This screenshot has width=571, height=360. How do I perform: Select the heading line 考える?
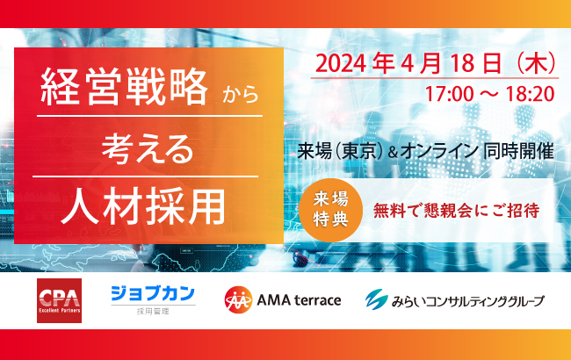tap(147, 147)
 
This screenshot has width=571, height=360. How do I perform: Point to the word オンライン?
tap(442, 150)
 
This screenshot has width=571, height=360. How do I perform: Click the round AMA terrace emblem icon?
tap(235, 300)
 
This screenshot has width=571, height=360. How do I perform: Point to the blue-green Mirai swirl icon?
tap(375, 300)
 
